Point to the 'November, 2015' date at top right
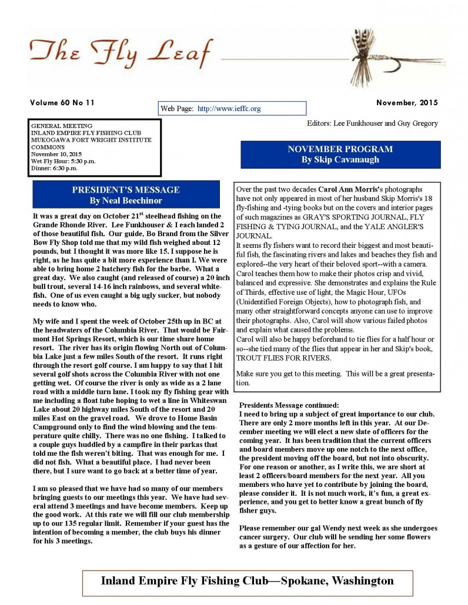click(x=407, y=103)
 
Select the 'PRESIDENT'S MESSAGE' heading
click(x=126, y=190)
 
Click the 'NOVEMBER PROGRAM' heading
click(x=340, y=149)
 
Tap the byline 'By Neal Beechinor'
click(x=126, y=200)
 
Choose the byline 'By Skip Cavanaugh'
click(x=340, y=160)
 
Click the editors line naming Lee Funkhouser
click(x=372, y=123)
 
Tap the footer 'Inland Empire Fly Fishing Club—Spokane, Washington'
click(x=247, y=581)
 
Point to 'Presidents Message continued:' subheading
click(x=289, y=405)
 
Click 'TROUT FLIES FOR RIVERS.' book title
click(x=283, y=358)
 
